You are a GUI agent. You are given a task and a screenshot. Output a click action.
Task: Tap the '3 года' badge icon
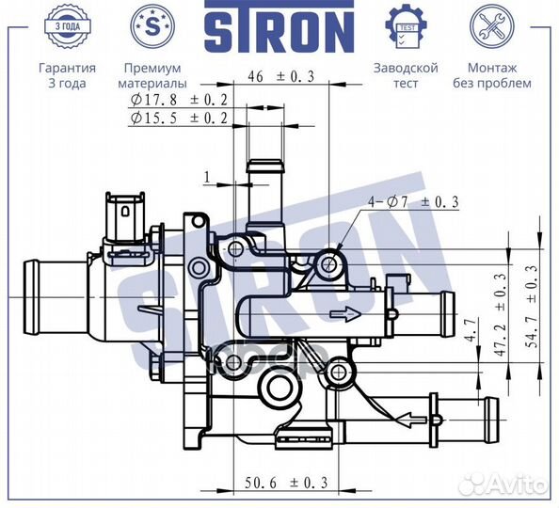click(x=66, y=26)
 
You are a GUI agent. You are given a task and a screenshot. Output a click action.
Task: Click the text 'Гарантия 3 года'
click(x=66, y=75)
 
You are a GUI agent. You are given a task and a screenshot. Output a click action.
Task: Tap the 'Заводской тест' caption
click(x=406, y=75)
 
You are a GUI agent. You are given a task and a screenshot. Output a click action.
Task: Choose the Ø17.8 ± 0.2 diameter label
click(x=179, y=99)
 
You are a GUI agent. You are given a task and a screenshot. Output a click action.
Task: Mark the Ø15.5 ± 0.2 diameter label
click(x=179, y=119)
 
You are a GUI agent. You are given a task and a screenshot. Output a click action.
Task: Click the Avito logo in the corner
click(x=507, y=484)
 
